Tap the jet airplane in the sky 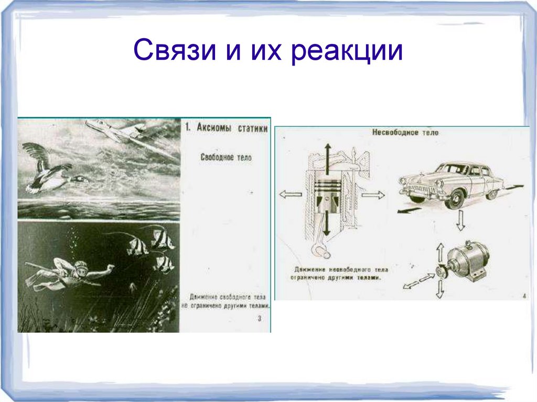tap(119, 131)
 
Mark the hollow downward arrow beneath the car tap(460, 222)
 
